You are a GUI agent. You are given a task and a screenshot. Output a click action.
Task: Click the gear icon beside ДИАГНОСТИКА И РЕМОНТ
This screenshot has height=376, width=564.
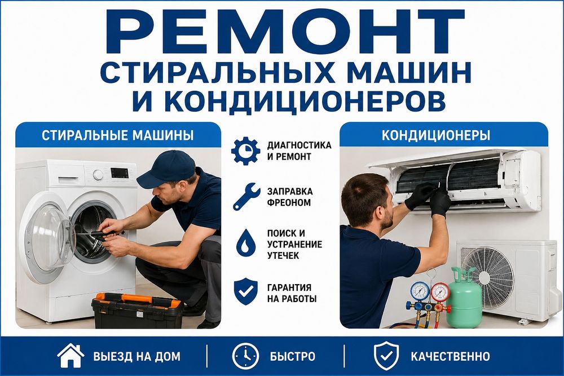[245, 151]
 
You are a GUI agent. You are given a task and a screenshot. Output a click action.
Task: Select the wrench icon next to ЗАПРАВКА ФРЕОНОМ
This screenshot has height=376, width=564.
[246, 196]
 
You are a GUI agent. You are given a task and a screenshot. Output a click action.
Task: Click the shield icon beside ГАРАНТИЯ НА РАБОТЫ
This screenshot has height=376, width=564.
[246, 292]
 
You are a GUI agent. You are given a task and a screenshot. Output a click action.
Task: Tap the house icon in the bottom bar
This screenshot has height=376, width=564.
[70, 356]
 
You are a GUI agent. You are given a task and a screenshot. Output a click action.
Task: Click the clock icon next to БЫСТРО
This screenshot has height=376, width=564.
[246, 356]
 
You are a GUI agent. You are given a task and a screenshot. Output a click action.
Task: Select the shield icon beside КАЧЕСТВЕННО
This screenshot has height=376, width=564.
[386, 356]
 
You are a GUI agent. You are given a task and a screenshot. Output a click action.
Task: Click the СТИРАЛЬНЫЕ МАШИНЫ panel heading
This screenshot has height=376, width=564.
[118, 135]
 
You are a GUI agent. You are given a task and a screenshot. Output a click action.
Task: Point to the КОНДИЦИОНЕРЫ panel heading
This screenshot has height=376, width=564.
[435, 135]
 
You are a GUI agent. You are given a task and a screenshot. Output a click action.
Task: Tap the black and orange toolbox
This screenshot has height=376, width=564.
[138, 310]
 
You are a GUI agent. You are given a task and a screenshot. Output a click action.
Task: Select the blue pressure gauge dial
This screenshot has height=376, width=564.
[420, 291]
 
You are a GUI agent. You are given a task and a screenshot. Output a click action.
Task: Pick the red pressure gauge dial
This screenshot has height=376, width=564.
[439, 292]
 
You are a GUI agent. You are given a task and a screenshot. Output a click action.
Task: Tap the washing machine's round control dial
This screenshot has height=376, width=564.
[98, 175]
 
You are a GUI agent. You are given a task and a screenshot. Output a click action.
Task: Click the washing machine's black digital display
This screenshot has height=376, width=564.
[120, 173]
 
